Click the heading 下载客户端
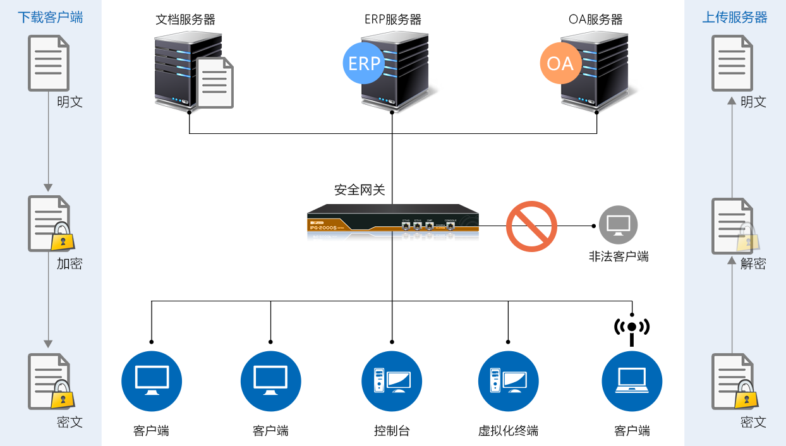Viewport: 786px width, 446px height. (x=50, y=17)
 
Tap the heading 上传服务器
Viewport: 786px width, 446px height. (x=735, y=17)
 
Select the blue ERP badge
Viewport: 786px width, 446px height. (x=363, y=63)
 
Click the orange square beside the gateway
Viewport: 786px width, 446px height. (x=531, y=227)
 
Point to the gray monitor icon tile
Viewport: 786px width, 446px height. (x=618, y=225)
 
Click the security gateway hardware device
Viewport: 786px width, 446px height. (x=392, y=222)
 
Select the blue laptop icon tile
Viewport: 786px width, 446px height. (x=632, y=381)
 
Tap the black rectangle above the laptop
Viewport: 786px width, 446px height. (x=632, y=332)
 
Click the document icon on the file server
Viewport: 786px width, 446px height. (x=215, y=82)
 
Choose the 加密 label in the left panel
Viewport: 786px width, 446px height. (x=70, y=263)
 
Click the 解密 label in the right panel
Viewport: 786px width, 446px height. (x=753, y=263)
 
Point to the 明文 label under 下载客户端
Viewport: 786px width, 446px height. (x=70, y=102)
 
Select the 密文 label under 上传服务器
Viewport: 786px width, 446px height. (x=753, y=421)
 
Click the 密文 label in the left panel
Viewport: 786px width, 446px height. (x=70, y=421)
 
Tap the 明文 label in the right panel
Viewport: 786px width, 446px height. (x=753, y=102)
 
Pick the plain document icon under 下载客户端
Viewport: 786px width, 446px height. (x=48, y=63)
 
